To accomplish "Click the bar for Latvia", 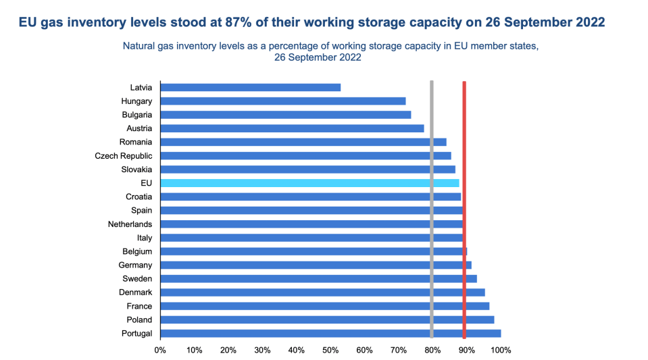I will pos(251,87).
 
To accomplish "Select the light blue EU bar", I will pos(309,183).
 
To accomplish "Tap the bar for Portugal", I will pos(330,333).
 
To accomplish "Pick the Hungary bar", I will pos(283,101).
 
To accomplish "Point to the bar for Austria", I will pos(292,128).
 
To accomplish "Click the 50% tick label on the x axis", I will pos(330,351).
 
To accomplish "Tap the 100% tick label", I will pos(501,351).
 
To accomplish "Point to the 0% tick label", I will pos(160,351).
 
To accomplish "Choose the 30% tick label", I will pos(262,351).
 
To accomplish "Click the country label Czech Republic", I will pos(124,156).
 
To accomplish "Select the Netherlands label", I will pos(130,224).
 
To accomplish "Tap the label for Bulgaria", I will pos(136,115).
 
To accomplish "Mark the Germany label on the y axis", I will pos(135,265).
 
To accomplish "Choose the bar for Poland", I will pos(327,319).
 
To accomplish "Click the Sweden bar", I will pos(318,279).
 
